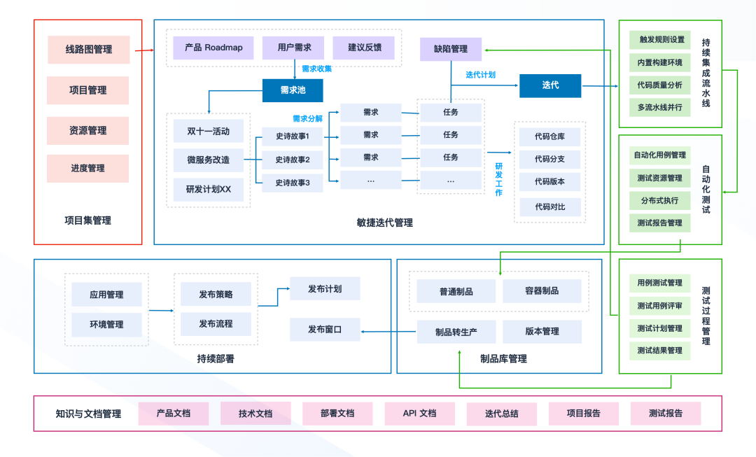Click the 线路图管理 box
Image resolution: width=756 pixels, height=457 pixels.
(x=89, y=50)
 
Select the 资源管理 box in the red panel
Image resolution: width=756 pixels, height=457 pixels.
(x=88, y=131)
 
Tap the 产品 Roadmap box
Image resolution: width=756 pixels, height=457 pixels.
(x=213, y=48)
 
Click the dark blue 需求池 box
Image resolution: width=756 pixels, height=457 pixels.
(x=293, y=90)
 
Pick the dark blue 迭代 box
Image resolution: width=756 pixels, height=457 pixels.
(x=550, y=85)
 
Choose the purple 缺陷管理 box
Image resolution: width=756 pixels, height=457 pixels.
(x=450, y=49)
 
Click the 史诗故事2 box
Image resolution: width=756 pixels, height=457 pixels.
(x=293, y=160)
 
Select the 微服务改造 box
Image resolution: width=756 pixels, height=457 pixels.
(x=208, y=160)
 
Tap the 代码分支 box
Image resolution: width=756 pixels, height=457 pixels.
(x=549, y=159)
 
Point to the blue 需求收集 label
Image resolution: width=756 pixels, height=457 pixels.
(x=316, y=69)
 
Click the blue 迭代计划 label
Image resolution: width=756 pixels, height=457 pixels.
(x=481, y=74)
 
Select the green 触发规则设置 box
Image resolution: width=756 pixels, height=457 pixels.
(x=660, y=40)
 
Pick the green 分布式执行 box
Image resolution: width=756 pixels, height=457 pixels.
(x=660, y=200)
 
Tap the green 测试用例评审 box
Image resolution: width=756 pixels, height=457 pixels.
(x=660, y=306)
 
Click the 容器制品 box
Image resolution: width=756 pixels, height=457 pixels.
(x=541, y=291)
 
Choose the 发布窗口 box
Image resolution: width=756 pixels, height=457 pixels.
(x=325, y=329)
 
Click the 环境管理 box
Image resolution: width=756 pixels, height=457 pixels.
(x=106, y=325)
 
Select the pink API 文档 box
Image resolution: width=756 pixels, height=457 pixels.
(x=419, y=414)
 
